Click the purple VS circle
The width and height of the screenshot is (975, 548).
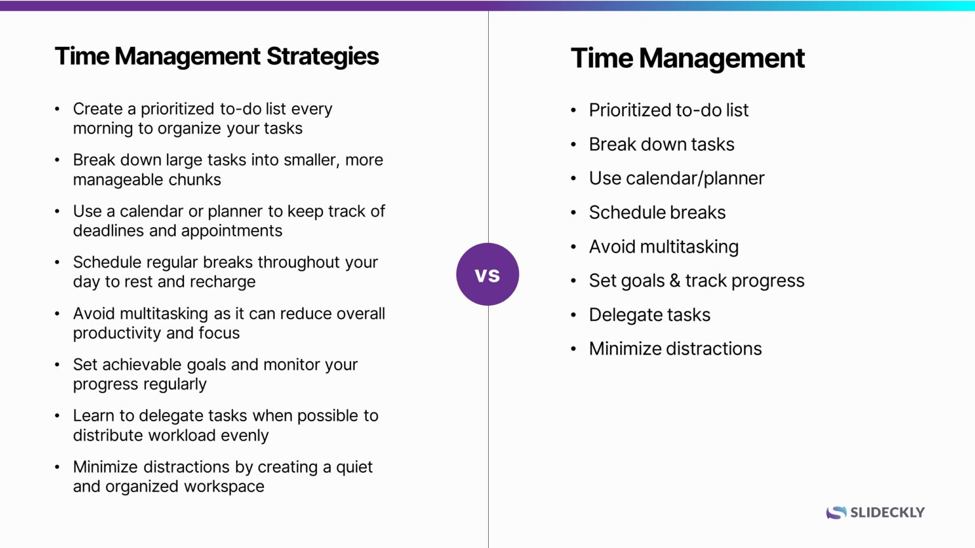[487, 274]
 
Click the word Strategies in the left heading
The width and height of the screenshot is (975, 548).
[322, 56]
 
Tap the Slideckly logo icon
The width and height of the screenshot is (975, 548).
[836, 512]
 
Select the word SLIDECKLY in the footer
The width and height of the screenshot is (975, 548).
[887, 512]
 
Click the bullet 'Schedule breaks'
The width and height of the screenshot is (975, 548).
[657, 212]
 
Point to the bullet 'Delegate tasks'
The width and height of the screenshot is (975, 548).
[649, 315]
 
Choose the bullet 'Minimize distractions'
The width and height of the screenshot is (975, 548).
[675, 349]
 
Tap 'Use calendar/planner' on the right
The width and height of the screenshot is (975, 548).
[677, 178]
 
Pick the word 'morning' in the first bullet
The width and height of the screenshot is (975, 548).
[103, 129]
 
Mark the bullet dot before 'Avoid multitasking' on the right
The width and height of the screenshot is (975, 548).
[573, 247]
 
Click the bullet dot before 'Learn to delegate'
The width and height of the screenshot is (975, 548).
[57, 416]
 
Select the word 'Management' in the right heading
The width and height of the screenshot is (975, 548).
[722, 58]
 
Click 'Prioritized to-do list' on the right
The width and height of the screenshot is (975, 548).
[668, 110]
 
